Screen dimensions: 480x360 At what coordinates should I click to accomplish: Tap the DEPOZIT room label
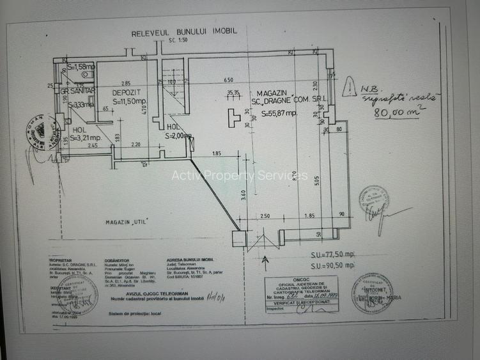(127, 92)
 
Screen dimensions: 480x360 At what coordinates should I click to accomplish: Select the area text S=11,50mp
(130, 101)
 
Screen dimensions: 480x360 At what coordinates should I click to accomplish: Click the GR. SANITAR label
(79, 92)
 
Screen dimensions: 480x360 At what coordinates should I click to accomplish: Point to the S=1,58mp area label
(81, 66)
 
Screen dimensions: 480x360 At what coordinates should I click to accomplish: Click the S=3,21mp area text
(86, 137)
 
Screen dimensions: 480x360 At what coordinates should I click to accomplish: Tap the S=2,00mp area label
(178, 136)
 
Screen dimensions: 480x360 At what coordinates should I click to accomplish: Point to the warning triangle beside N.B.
(349, 87)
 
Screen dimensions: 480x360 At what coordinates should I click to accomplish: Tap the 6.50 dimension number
(228, 80)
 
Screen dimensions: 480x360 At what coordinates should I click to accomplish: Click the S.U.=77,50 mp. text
(332, 254)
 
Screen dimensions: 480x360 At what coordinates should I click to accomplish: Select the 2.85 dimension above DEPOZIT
(125, 83)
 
